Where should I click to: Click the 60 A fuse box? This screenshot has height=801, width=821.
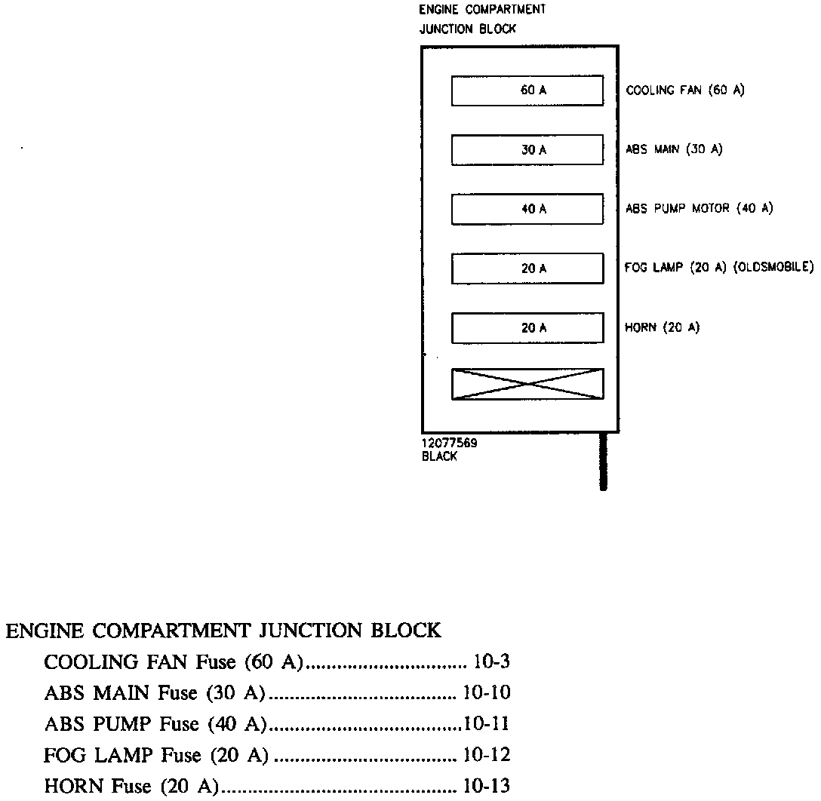pyautogui.click(x=527, y=91)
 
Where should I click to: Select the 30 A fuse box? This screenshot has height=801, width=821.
pyautogui.click(x=527, y=150)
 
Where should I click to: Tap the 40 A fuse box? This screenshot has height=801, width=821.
pyautogui.click(x=527, y=209)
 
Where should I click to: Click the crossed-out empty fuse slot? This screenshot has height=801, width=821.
pyautogui.click(x=527, y=384)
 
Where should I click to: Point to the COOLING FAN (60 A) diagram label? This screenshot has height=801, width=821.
pyautogui.click(x=685, y=91)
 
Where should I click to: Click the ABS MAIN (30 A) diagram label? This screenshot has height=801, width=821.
pyautogui.click(x=674, y=149)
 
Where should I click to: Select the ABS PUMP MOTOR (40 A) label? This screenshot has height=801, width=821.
pyautogui.click(x=699, y=209)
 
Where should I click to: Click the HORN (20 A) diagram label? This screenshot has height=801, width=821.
pyautogui.click(x=663, y=328)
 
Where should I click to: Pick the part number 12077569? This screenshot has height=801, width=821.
pyautogui.click(x=449, y=444)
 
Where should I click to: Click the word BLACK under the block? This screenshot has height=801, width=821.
pyautogui.click(x=439, y=456)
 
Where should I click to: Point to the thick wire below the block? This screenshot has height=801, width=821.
pyautogui.click(x=603, y=462)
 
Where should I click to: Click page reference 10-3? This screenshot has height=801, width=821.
pyautogui.click(x=492, y=662)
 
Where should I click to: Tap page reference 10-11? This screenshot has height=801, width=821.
pyautogui.click(x=487, y=724)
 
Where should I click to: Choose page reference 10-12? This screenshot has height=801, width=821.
pyautogui.click(x=487, y=755)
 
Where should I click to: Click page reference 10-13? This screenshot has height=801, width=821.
pyautogui.click(x=487, y=786)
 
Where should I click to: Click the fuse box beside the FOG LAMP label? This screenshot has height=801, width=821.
pyautogui.click(x=527, y=269)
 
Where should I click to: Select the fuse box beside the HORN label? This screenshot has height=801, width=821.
pyautogui.click(x=527, y=328)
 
